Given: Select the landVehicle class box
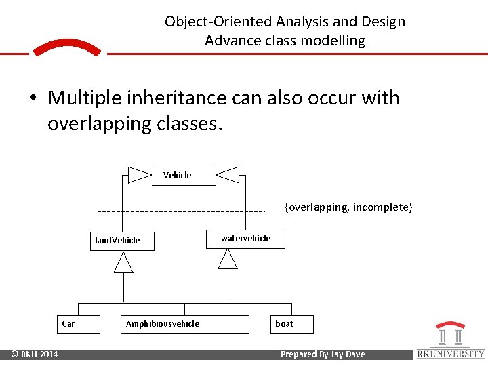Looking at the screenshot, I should click(123, 241).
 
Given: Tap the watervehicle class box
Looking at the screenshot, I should click(245, 239).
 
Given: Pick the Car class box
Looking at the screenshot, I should click(78, 324).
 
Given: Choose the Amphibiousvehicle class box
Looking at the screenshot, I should click(163, 324).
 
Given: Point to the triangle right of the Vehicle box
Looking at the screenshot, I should click(228, 176).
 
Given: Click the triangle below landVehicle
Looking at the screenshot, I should click(123, 262).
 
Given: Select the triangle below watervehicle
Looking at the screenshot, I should click(228, 258).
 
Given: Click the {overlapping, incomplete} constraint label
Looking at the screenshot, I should click(348, 207).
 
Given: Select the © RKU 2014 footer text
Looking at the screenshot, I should click(33, 354).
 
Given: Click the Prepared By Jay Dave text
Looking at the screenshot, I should click(322, 354).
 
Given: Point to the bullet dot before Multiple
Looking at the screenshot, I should click(33, 99).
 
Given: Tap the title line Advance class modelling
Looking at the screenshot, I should click(285, 41).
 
